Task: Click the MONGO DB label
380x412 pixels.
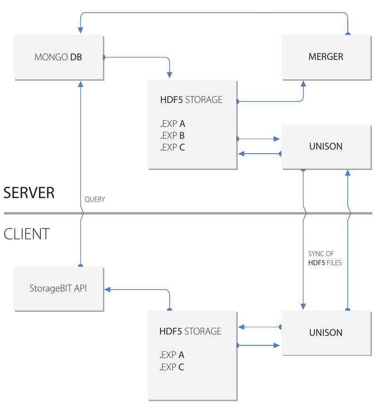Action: pos(58,57)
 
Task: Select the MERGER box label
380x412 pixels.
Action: pos(326,57)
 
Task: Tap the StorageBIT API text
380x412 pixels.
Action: pos(58,288)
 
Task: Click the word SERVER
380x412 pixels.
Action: pos(29,193)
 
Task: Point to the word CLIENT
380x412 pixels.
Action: pos(26,234)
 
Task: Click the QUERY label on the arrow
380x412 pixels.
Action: pos(95,199)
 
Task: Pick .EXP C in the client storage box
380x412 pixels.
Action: pos(171,367)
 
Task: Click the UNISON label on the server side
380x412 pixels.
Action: pos(326,146)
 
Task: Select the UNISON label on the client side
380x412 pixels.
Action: pos(326,333)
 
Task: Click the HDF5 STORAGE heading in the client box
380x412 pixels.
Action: pos(190,331)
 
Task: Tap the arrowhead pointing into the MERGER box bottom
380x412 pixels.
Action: pos(303,84)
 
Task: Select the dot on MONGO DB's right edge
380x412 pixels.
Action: pos(104,57)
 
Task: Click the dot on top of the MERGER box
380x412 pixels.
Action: pos(348,34)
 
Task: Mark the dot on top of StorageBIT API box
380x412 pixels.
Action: pos(80,265)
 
